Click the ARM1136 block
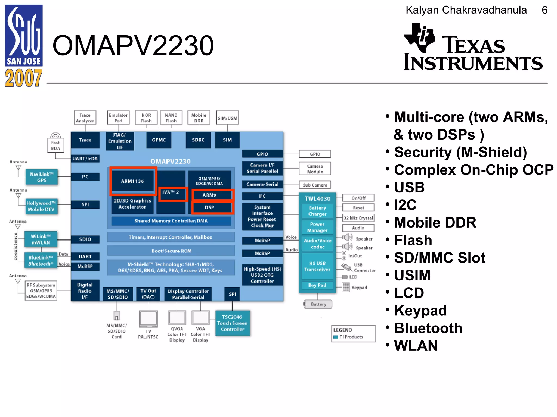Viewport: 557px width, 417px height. pos(132,181)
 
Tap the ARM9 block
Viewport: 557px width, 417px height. pos(209,195)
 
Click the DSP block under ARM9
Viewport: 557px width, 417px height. pos(209,207)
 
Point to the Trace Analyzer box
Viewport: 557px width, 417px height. pos(85,118)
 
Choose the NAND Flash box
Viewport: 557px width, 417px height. pos(171,118)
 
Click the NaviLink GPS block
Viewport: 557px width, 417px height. pos(42,177)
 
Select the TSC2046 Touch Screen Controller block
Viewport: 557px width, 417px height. pos(233,323)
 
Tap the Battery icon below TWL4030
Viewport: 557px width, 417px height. pos(318,304)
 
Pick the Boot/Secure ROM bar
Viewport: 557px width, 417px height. pos(171,251)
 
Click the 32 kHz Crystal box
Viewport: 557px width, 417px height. pos(358,218)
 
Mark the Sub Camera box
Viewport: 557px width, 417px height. pos(315,185)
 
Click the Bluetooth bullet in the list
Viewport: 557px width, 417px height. pos(428,328)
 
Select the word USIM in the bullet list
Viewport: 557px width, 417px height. pos(412,275)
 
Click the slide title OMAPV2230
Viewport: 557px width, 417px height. pos(133,46)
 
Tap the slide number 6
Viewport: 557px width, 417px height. pos(544,10)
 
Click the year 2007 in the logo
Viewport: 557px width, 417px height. pos(24,78)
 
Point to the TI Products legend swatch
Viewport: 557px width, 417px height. pos(336,337)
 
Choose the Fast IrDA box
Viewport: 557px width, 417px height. pos(55,145)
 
